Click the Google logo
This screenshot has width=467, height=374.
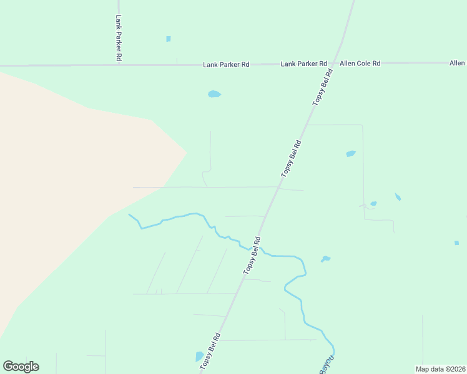[21, 367]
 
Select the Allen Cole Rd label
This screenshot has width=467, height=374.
[360, 64]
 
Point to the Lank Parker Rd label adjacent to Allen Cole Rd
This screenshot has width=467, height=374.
[304, 64]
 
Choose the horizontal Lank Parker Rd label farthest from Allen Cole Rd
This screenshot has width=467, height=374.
[226, 64]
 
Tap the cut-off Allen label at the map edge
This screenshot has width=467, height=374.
[458, 63]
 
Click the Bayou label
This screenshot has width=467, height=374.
[327, 364]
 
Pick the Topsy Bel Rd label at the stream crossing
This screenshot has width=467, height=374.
[252, 254]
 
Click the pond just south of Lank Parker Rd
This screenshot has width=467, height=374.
[214, 94]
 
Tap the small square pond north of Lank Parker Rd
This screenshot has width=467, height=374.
[169, 39]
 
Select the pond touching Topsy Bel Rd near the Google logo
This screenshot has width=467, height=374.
[200, 357]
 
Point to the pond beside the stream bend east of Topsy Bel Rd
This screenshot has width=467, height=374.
[325, 259]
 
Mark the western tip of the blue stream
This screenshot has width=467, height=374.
[129, 214]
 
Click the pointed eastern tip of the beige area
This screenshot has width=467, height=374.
[187, 151]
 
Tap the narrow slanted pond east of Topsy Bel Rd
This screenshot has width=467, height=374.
[398, 197]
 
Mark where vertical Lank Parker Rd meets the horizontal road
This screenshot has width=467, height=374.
[119, 64]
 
